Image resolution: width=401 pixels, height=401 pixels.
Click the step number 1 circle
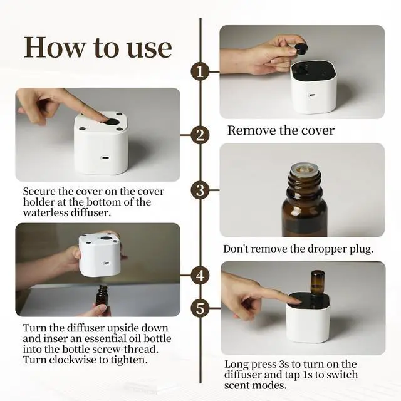point(200,72)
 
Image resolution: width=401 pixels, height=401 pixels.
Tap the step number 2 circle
point(200,135)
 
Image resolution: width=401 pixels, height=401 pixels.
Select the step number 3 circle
point(200,190)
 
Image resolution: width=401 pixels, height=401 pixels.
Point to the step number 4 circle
point(200,276)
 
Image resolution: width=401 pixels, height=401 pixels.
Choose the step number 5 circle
point(200,308)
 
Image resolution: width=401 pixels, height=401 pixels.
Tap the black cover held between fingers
point(301,48)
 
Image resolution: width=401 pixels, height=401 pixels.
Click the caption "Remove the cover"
point(281,130)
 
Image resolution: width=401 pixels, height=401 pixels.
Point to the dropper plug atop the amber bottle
point(304,169)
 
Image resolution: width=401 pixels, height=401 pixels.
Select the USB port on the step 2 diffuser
point(105,157)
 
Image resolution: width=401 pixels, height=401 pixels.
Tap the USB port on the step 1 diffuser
point(312,95)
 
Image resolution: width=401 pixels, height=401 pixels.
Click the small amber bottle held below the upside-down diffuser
point(102,297)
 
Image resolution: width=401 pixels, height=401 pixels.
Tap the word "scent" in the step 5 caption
point(237,386)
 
